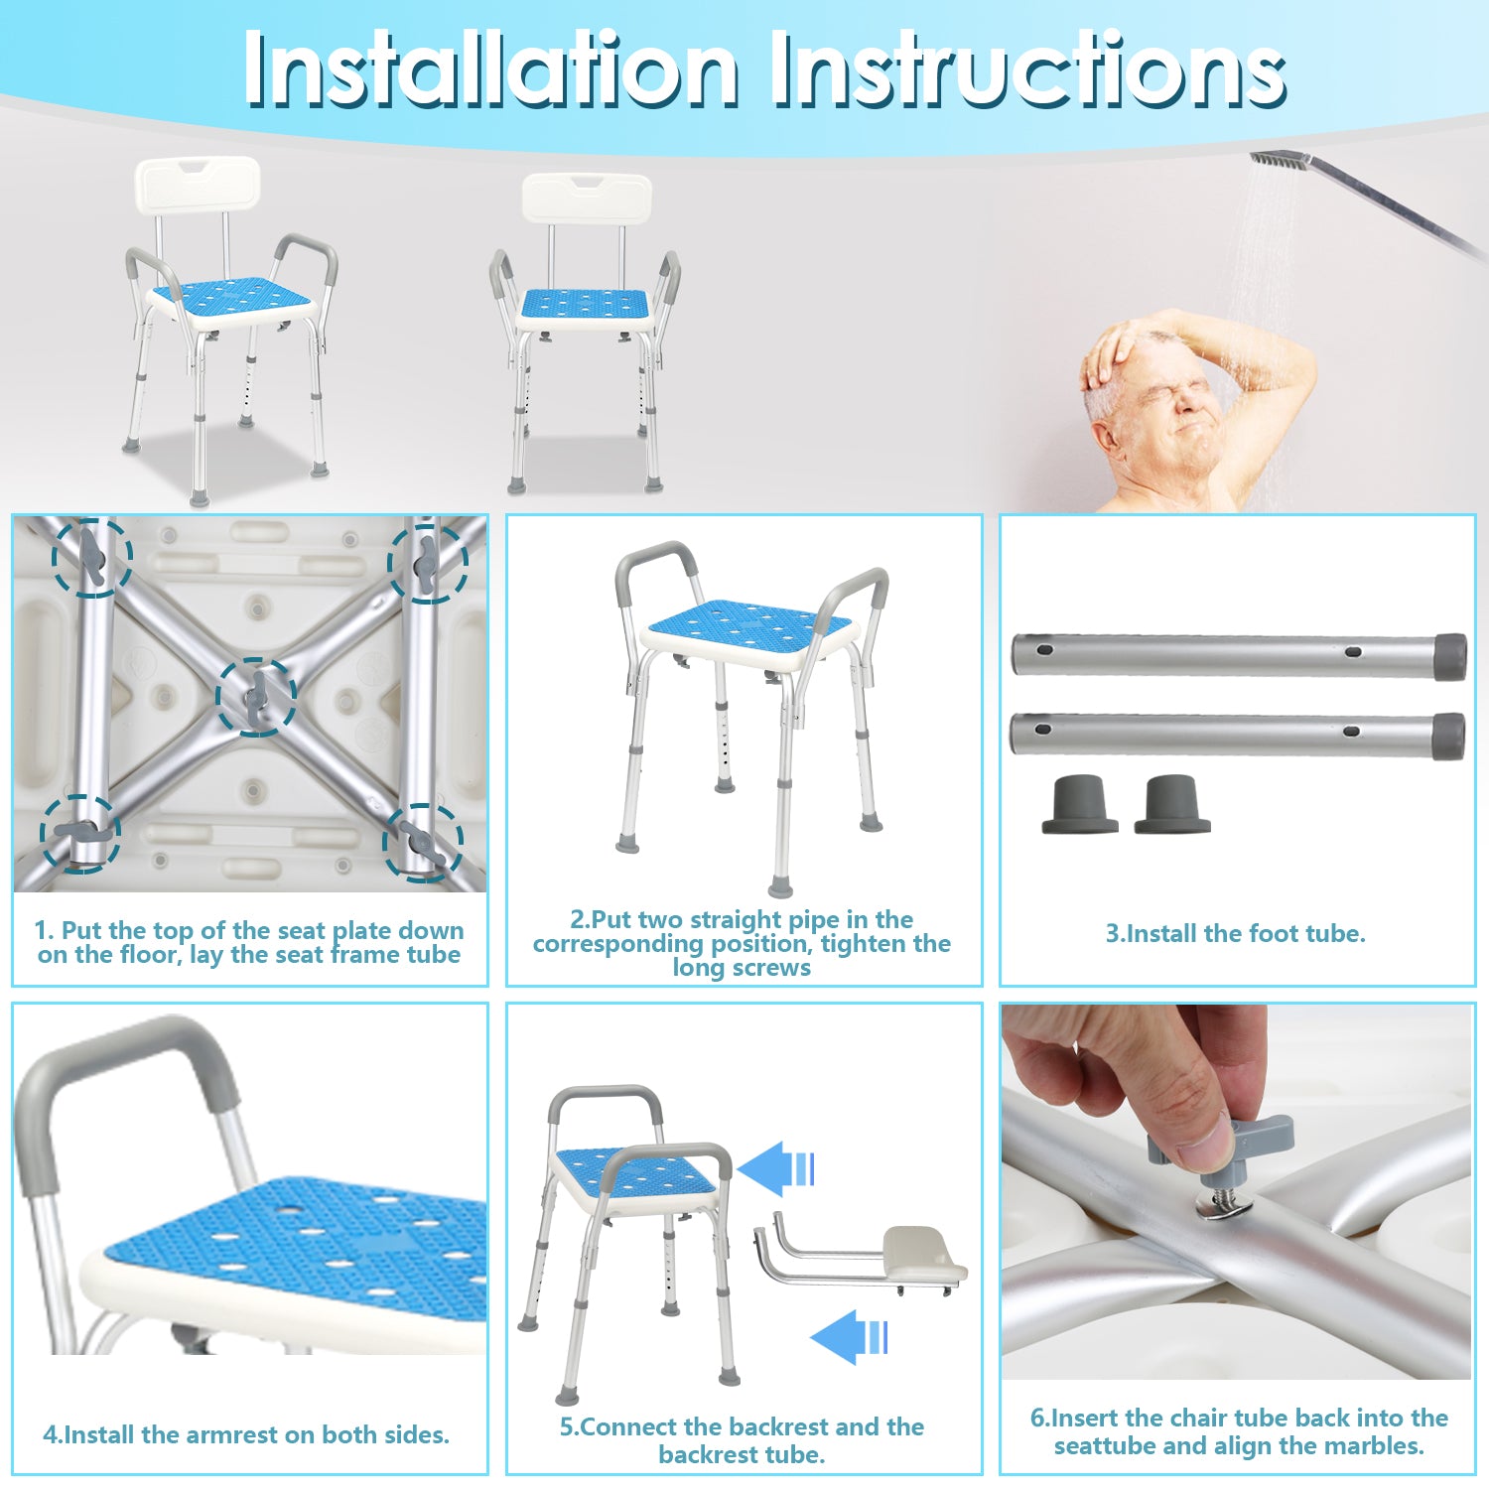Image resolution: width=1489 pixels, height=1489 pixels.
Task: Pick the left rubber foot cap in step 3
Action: pyautogui.click(x=1080, y=804)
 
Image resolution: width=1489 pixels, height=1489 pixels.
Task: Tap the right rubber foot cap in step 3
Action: pyautogui.click(x=1172, y=804)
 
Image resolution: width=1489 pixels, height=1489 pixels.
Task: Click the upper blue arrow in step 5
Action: pyautogui.click(x=776, y=1168)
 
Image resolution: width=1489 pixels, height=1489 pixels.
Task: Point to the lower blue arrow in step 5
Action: pyautogui.click(x=850, y=1337)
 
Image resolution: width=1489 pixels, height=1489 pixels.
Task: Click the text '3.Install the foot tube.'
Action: pyautogui.click(x=1236, y=934)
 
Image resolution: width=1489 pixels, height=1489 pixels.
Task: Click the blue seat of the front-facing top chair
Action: pyautogui.click(x=585, y=303)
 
